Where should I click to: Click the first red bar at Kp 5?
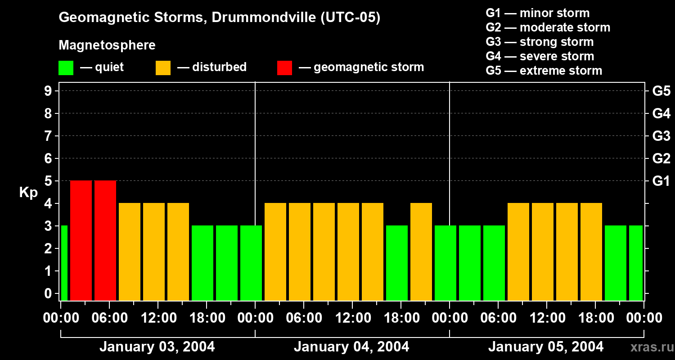coord(81,240)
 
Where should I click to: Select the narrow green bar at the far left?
coord(64,263)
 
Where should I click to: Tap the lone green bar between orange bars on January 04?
coord(397,263)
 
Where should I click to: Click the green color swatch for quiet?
coord(66,68)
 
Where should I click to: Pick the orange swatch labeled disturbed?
coord(163,68)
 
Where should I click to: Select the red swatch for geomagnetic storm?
coord(284,68)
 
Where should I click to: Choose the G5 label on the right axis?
coord(661,91)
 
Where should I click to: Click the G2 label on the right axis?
coord(661,158)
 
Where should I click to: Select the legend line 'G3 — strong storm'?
coord(540,42)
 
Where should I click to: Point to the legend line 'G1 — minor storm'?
coord(537,13)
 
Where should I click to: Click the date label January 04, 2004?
coord(351,347)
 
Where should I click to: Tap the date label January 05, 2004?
coord(546,347)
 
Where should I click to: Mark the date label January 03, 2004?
coord(157,347)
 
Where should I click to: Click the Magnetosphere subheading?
coord(107,45)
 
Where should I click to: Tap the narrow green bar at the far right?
coord(635,263)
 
